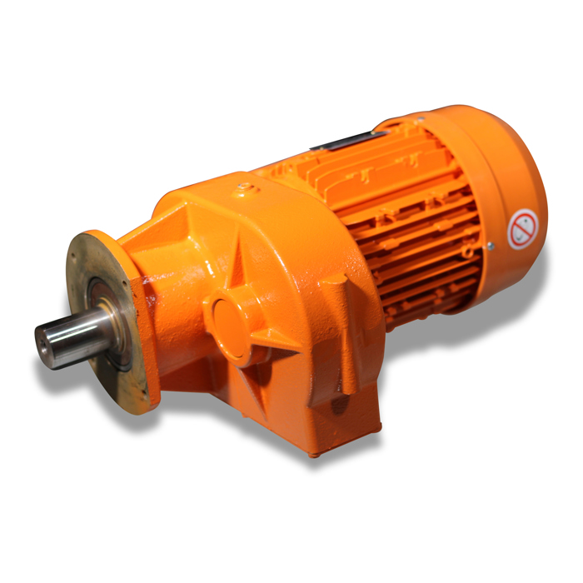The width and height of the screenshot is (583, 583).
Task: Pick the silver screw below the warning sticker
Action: click(x=491, y=245)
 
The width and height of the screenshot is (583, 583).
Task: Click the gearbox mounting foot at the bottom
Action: click(x=333, y=425)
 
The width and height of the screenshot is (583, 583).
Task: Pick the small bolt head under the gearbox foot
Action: click(x=315, y=454)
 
